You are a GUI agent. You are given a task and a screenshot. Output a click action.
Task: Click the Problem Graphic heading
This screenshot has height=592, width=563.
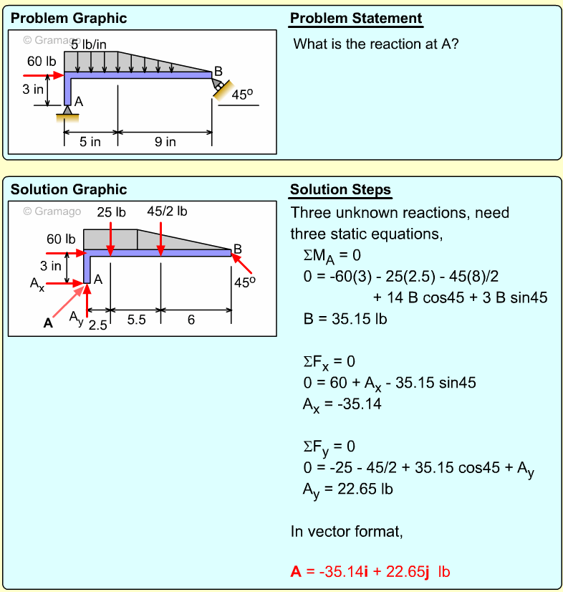coord(69,19)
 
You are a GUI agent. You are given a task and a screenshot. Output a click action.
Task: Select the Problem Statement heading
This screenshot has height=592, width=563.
coord(356,19)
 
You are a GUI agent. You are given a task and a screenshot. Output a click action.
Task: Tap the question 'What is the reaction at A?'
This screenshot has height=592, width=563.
coord(376,44)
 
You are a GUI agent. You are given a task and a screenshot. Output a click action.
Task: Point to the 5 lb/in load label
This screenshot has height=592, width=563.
coord(89,44)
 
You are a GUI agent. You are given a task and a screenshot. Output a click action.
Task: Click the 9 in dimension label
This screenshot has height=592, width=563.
coord(165,142)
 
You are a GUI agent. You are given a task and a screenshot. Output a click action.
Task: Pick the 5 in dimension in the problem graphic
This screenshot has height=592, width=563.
coord(90,142)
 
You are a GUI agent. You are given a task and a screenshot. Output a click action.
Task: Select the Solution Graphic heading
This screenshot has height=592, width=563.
coord(69,190)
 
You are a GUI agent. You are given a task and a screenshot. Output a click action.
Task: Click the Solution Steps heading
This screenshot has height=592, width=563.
coord(340,190)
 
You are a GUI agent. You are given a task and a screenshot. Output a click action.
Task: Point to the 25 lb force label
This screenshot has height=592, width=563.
coord(111,212)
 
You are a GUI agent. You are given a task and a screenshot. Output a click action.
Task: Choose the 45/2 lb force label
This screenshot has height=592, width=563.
coord(167,211)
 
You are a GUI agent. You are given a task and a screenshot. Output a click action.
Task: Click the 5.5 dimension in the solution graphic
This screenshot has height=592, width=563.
coord(136,320)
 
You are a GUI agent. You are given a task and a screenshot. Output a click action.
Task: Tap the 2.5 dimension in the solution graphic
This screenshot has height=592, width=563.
coord(98,326)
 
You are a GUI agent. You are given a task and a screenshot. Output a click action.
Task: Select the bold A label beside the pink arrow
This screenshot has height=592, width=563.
coord(48,323)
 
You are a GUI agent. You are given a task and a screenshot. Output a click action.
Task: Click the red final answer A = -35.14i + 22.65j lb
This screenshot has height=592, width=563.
coord(370,571)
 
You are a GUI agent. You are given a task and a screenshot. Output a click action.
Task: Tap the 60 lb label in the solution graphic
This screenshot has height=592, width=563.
coord(61,239)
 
